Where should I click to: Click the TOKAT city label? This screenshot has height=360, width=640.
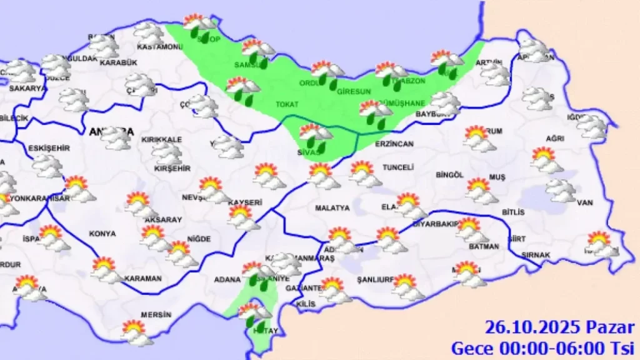pos(287,104)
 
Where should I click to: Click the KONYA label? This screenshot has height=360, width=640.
pos(102,234)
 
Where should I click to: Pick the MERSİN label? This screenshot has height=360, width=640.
pos(156,315)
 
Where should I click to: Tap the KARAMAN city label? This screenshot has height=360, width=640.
pos(143,278)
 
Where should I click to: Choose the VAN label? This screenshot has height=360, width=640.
pos(584,202)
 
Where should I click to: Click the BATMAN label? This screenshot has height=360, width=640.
pos(484,247)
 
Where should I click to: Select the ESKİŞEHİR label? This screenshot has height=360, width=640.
pos(49,148)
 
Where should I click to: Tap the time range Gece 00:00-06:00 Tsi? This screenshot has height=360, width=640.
pos(543,347)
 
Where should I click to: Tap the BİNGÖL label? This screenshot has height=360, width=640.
pos(450,175)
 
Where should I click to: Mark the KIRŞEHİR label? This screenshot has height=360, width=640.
pos(172,169)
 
